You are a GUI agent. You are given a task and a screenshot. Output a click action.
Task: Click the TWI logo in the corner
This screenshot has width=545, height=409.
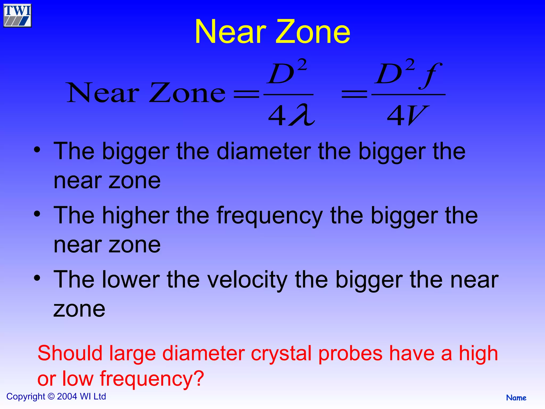click(x=18, y=15)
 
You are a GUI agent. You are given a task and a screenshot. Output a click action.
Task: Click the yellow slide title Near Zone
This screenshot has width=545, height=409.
click(x=272, y=32)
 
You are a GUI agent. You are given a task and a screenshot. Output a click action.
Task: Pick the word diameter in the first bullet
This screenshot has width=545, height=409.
click(x=264, y=152)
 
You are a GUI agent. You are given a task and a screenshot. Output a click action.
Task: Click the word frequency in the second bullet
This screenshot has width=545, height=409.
click(x=270, y=216)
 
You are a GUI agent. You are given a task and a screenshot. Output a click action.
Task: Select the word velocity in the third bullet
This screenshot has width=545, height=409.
click(x=247, y=280)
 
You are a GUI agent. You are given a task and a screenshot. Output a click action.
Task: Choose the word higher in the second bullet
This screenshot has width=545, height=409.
click(x=136, y=216)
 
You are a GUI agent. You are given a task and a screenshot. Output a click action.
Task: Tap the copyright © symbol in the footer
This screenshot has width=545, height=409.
click(x=51, y=397)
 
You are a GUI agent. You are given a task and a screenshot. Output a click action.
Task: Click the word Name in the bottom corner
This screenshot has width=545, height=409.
click(x=516, y=398)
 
